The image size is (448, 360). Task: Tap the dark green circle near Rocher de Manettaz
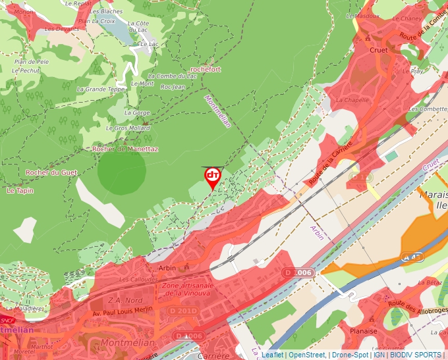(121, 173)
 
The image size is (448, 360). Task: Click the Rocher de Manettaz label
(125, 149)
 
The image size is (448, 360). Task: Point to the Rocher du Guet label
(51, 172)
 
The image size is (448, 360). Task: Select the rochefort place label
(205, 69)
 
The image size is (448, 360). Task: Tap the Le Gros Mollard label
(128, 128)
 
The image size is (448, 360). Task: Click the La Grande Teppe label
(101, 89)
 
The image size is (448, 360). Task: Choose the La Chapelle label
(352, 100)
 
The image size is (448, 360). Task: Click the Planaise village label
(363, 331)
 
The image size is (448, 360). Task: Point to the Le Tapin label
(20, 191)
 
